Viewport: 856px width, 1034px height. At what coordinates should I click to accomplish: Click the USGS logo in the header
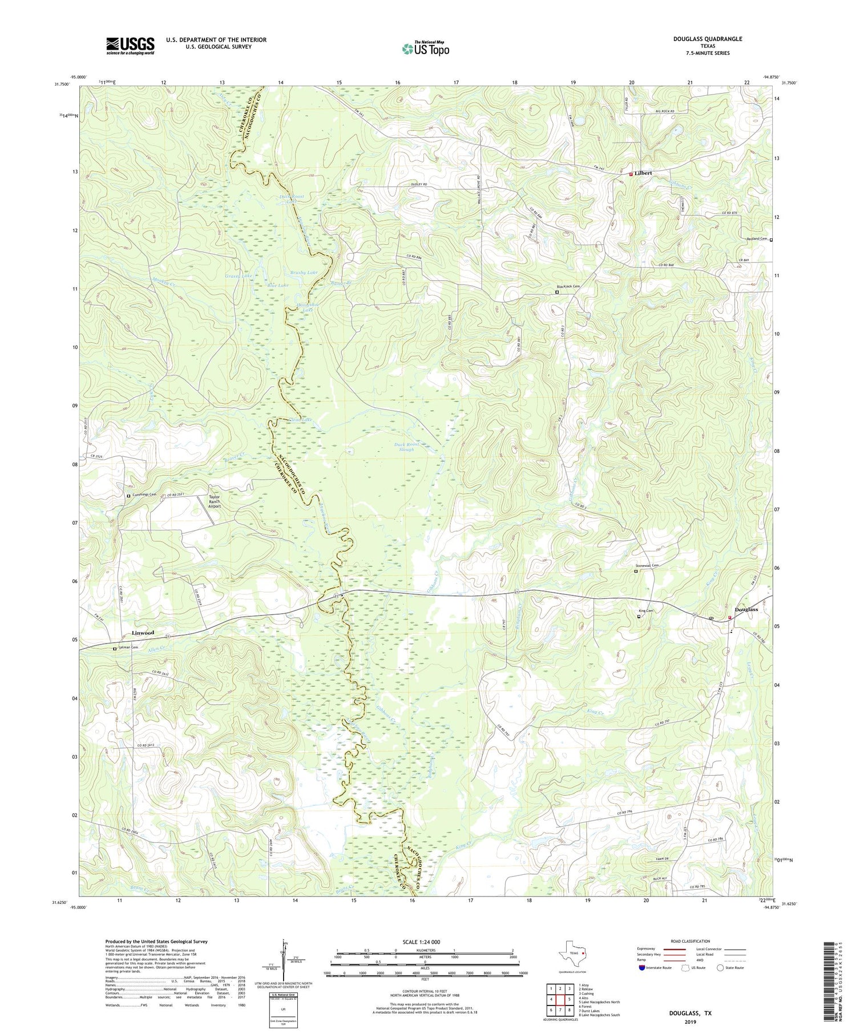130,46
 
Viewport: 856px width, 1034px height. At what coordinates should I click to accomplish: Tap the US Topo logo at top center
425,49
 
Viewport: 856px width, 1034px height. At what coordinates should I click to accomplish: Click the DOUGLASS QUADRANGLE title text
708,39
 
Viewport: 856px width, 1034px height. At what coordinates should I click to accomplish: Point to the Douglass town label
746,609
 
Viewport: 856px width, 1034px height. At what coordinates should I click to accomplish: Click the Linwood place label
143,632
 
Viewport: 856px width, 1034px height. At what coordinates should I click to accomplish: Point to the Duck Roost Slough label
407,447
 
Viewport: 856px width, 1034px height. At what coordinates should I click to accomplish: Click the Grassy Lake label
239,276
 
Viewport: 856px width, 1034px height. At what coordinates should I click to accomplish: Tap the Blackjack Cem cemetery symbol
558,292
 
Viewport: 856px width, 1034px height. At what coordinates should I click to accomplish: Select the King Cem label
647,611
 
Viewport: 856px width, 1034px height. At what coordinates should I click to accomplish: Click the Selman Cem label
128,647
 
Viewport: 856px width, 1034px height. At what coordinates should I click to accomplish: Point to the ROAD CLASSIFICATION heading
691,941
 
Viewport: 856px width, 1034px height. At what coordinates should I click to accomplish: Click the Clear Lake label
301,420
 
